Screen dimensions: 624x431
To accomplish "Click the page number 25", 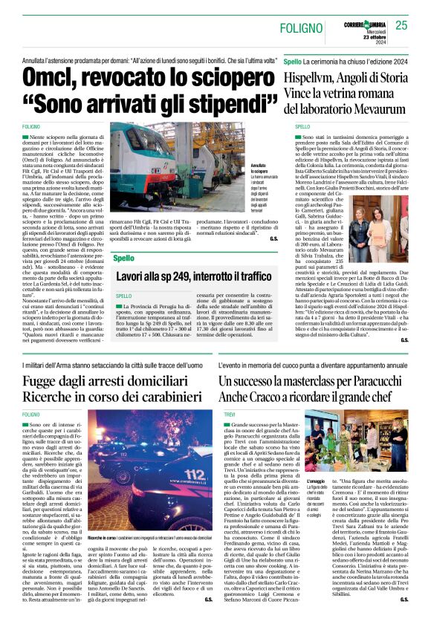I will point(401,25).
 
